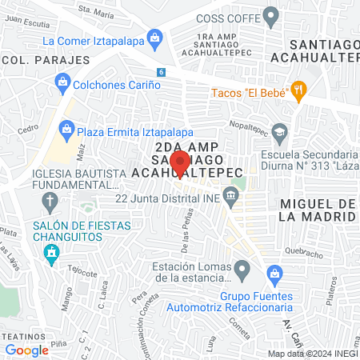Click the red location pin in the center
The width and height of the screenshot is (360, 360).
coord(182,162)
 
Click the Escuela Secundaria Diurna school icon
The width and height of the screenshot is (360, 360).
coord(280,130)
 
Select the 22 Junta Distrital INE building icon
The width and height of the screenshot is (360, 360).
coord(231,194)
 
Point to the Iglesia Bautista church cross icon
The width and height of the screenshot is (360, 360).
coord(50,200)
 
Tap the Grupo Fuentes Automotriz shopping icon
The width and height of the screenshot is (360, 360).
coord(274,274)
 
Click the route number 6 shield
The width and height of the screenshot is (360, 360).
coord(162,72)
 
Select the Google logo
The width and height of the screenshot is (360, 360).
coord(26,350)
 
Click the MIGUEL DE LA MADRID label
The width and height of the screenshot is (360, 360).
coord(318,210)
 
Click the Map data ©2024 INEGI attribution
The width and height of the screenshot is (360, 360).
coord(312,354)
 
